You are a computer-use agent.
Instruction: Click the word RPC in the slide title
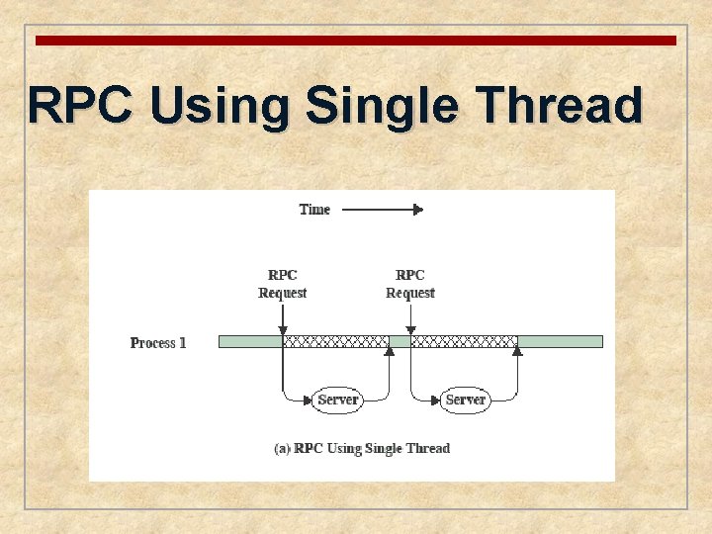point(79,105)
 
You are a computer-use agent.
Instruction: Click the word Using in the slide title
point(219,105)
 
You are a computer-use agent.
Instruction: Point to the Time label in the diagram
point(314,210)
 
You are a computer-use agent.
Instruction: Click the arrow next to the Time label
point(382,210)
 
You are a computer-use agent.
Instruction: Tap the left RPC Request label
point(283,284)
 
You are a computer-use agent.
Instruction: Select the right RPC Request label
point(410,284)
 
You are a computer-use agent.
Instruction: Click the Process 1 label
point(158,343)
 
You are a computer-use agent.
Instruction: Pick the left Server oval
point(337,400)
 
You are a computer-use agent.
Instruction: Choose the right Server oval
point(465,400)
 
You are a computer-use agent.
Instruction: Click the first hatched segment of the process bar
point(335,341)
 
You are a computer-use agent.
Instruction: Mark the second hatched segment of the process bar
point(464,341)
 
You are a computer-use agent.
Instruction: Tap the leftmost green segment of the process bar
point(250,341)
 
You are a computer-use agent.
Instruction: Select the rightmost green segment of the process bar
point(560,341)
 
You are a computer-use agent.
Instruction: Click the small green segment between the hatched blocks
point(400,341)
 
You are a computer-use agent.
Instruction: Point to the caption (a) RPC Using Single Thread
point(362,449)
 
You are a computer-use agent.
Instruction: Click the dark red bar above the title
point(356,41)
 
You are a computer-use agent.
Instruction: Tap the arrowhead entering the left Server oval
point(309,400)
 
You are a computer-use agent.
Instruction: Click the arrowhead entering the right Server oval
point(436,400)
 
